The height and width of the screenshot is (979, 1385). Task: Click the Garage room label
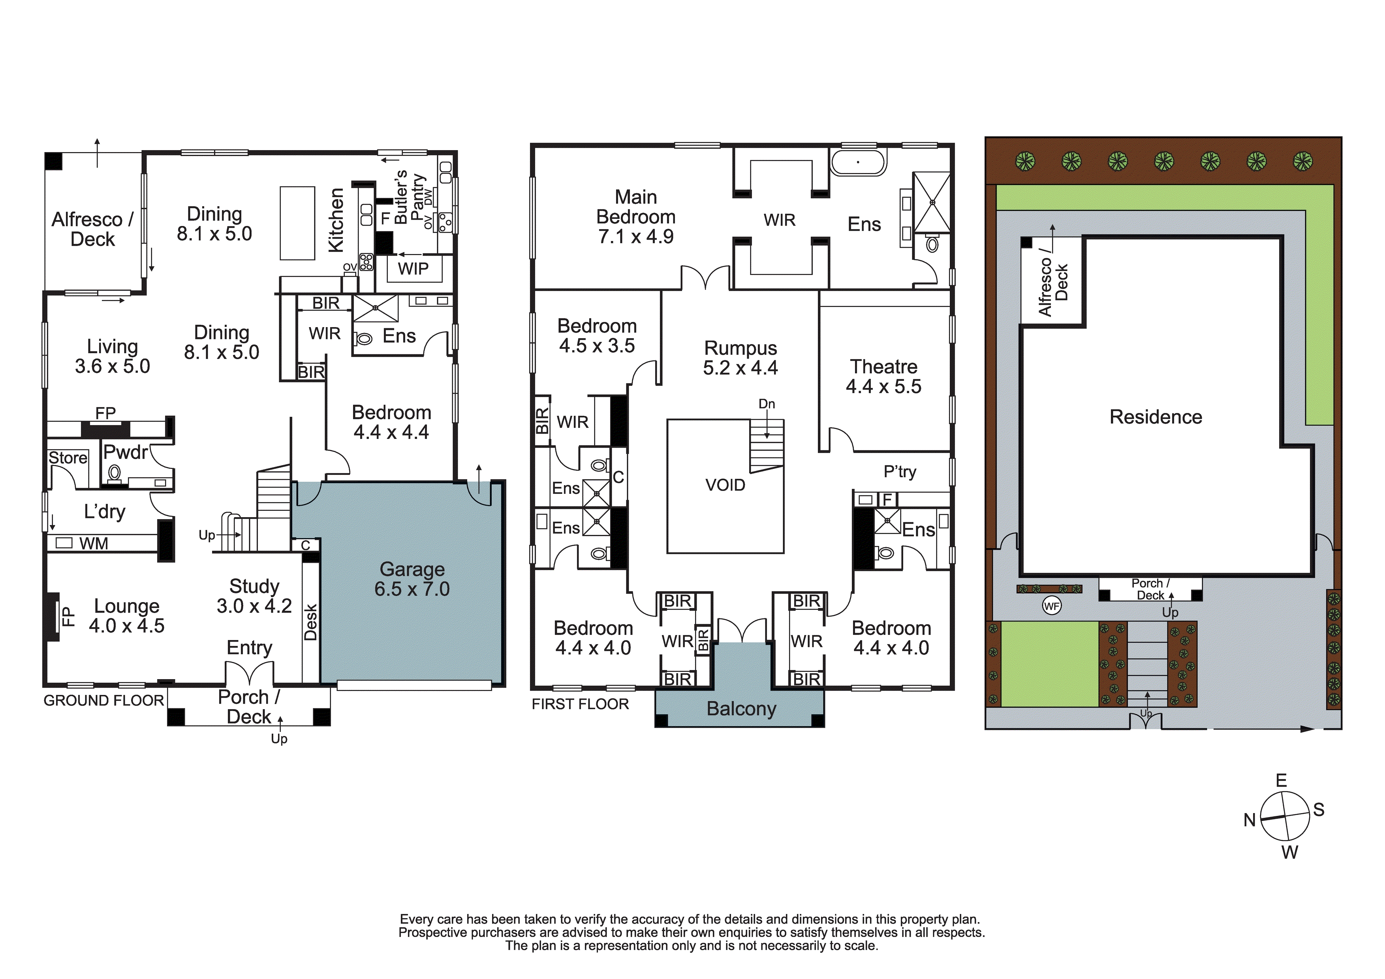412,570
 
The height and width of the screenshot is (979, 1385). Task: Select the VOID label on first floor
725,485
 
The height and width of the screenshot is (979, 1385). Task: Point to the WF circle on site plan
1051,606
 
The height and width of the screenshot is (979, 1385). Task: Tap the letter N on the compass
1249,820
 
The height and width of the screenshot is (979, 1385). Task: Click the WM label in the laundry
94,544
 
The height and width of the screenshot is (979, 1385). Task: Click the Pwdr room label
125,452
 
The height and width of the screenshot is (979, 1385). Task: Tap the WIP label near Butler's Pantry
413,269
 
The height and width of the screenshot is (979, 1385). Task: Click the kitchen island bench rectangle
297,223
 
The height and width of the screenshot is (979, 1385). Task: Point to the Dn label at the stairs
767,404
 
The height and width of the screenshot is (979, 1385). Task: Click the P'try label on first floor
899,471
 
